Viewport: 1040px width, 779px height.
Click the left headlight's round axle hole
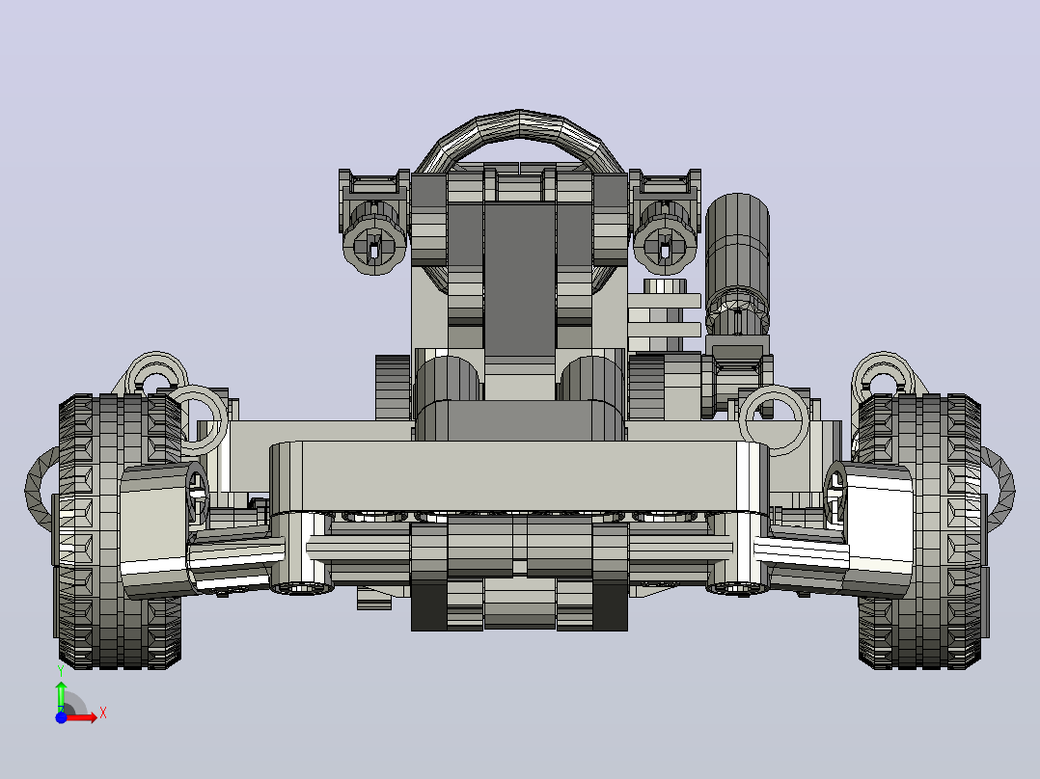(x=374, y=250)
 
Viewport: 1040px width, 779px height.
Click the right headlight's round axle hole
(x=666, y=250)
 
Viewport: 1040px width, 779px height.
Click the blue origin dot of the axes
(x=61, y=717)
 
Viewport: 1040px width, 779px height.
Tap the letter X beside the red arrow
(x=103, y=713)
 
